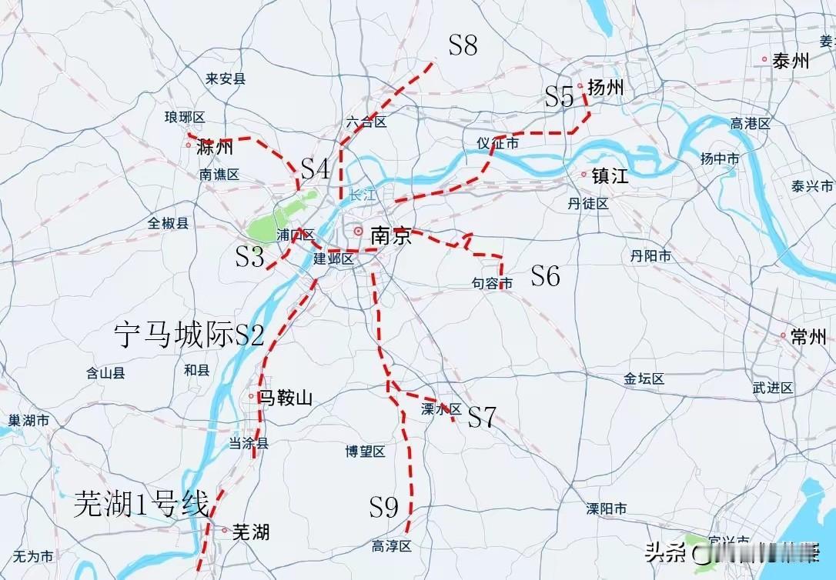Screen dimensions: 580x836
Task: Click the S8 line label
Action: (x=463, y=46)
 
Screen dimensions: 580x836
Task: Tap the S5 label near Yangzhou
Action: (x=560, y=97)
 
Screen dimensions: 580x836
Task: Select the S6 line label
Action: (x=545, y=276)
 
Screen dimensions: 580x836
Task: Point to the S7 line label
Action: (x=482, y=417)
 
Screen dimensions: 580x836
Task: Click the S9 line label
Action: (x=383, y=507)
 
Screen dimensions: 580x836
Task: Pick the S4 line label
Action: (x=315, y=169)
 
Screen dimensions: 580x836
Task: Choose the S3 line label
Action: (x=250, y=258)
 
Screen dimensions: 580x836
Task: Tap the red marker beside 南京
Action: (x=358, y=231)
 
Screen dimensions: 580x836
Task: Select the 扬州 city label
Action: (x=605, y=88)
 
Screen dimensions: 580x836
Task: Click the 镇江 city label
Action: (x=610, y=175)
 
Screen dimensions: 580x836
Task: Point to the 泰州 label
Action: (x=791, y=61)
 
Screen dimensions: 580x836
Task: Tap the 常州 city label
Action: (x=808, y=337)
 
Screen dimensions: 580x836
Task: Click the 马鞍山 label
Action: (x=286, y=398)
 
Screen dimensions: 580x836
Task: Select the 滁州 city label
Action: (x=215, y=146)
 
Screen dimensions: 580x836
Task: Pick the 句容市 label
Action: (x=492, y=285)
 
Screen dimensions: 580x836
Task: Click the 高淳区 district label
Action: (x=392, y=547)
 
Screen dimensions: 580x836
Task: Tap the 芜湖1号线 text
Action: (x=142, y=505)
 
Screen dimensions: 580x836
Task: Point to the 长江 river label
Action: (x=362, y=195)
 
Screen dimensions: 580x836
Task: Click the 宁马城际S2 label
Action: (x=189, y=335)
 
